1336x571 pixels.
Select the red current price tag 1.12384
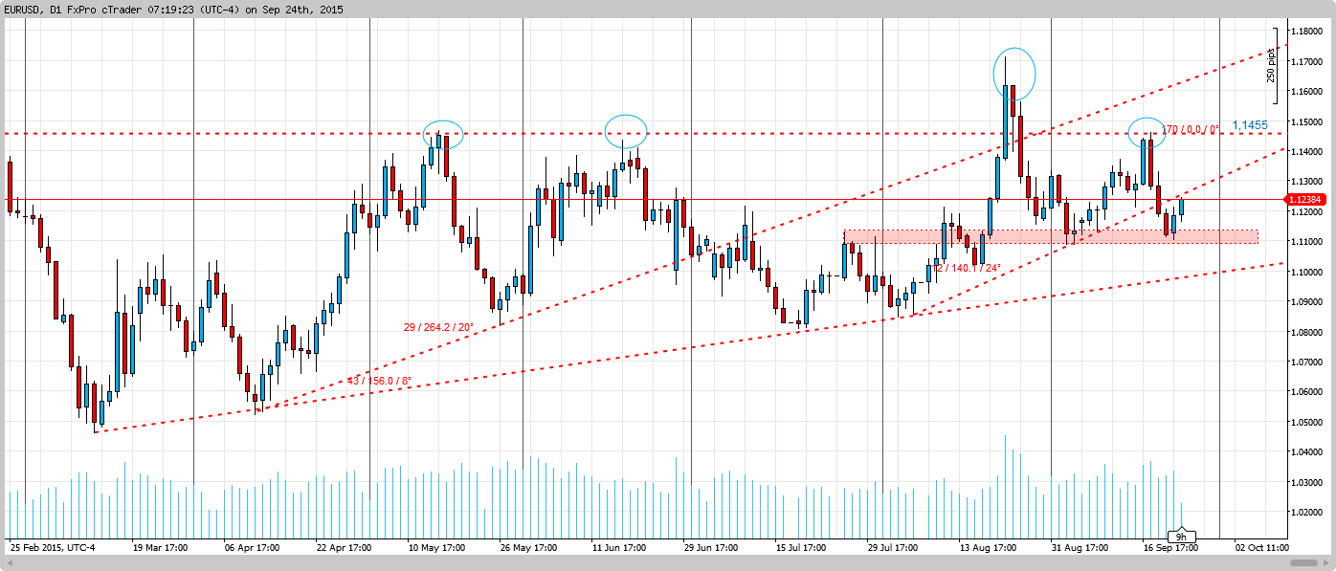click(1309, 200)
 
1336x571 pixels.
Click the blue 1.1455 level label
click(1250, 125)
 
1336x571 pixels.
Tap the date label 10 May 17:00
click(437, 548)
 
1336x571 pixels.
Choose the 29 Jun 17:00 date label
click(710, 548)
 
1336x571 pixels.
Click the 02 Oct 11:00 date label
click(1261, 548)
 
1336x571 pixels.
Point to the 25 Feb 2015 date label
click(53, 548)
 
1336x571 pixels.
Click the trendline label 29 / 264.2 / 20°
click(438, 327)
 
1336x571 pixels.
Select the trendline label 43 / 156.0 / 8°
click(379, 381)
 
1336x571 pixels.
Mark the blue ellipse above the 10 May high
click(442, 134)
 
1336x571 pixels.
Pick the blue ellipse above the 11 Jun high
click(627, 130)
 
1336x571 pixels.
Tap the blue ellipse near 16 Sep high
click(1146, 133)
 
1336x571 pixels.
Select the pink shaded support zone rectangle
click(1051, 236)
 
